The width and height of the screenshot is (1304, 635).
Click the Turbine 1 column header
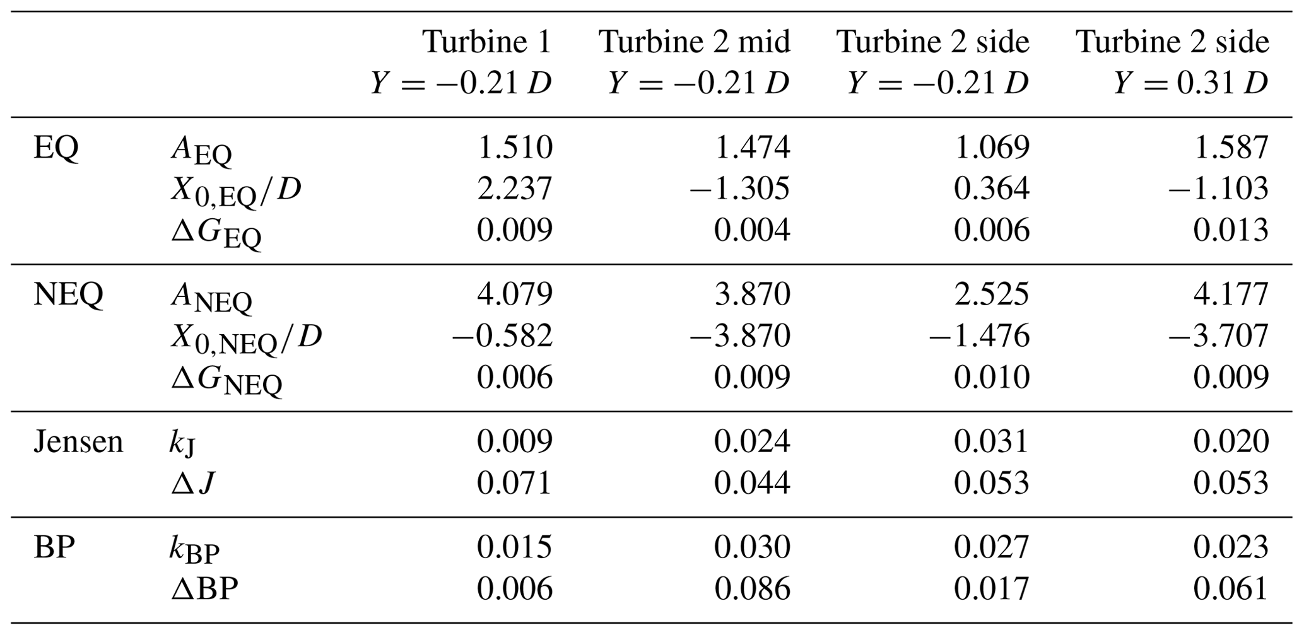(x=487, y=42)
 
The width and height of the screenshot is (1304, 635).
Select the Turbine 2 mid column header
(x=694, y=42)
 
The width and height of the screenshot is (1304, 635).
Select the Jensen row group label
(x=78, y=441)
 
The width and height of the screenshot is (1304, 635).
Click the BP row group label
(x=54, y=547)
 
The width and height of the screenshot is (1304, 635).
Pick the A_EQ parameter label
(x=201, y=151)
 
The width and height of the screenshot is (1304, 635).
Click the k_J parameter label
(x=182, y=443)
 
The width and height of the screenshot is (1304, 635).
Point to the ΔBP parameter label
(x=204, y=589)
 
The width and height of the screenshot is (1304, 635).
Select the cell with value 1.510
(x=515, y=148)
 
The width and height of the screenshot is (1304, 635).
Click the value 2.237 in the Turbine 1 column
(x=515, y=189)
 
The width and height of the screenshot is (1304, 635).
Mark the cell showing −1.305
(x=739, y=189)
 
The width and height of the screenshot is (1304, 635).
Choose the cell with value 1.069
(x=991, y=148)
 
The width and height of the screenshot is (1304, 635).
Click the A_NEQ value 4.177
(x=1230, y=294)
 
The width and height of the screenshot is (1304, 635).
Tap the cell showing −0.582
(x=502, y=335)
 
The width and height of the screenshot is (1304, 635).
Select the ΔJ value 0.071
(x=515, y=483)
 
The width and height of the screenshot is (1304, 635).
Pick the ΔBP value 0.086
(x=752, y=588)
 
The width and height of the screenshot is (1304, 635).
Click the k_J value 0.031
(x=991, y=441)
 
